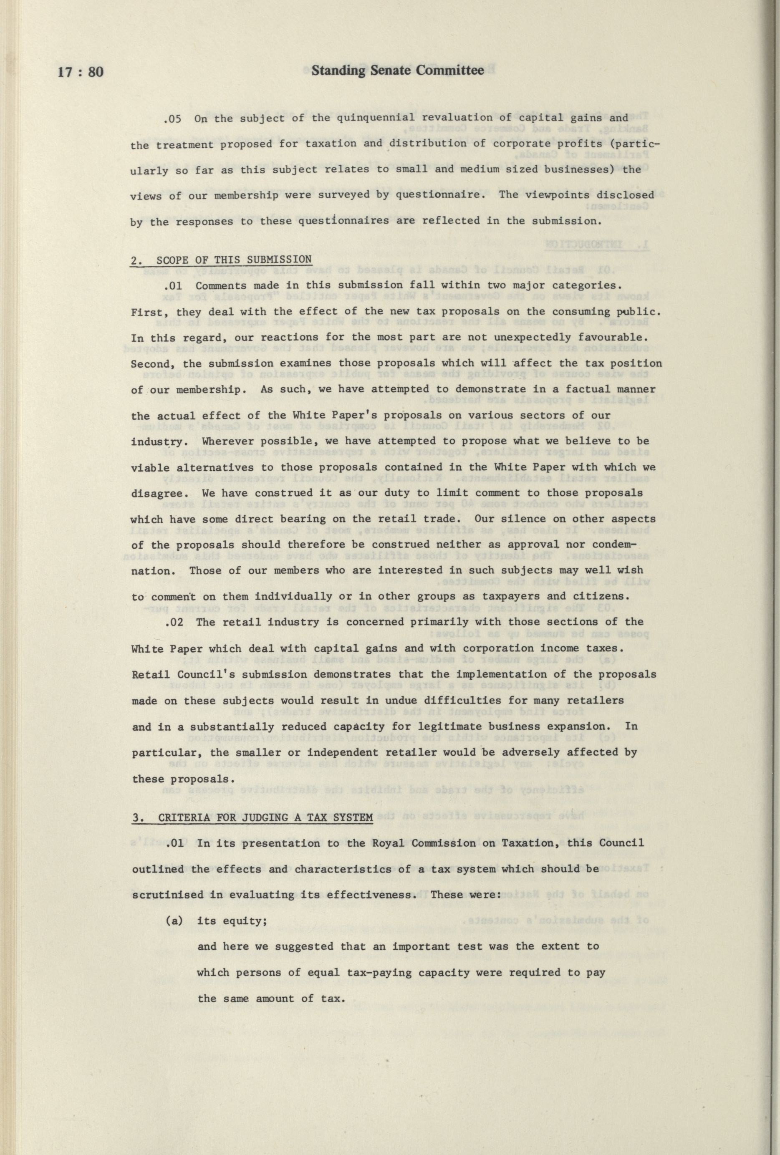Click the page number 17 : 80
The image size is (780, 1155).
[x=81, y=72]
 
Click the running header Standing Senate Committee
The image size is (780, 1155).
[x=398, y=71]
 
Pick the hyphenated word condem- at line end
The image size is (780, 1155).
[x=615, y=545]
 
